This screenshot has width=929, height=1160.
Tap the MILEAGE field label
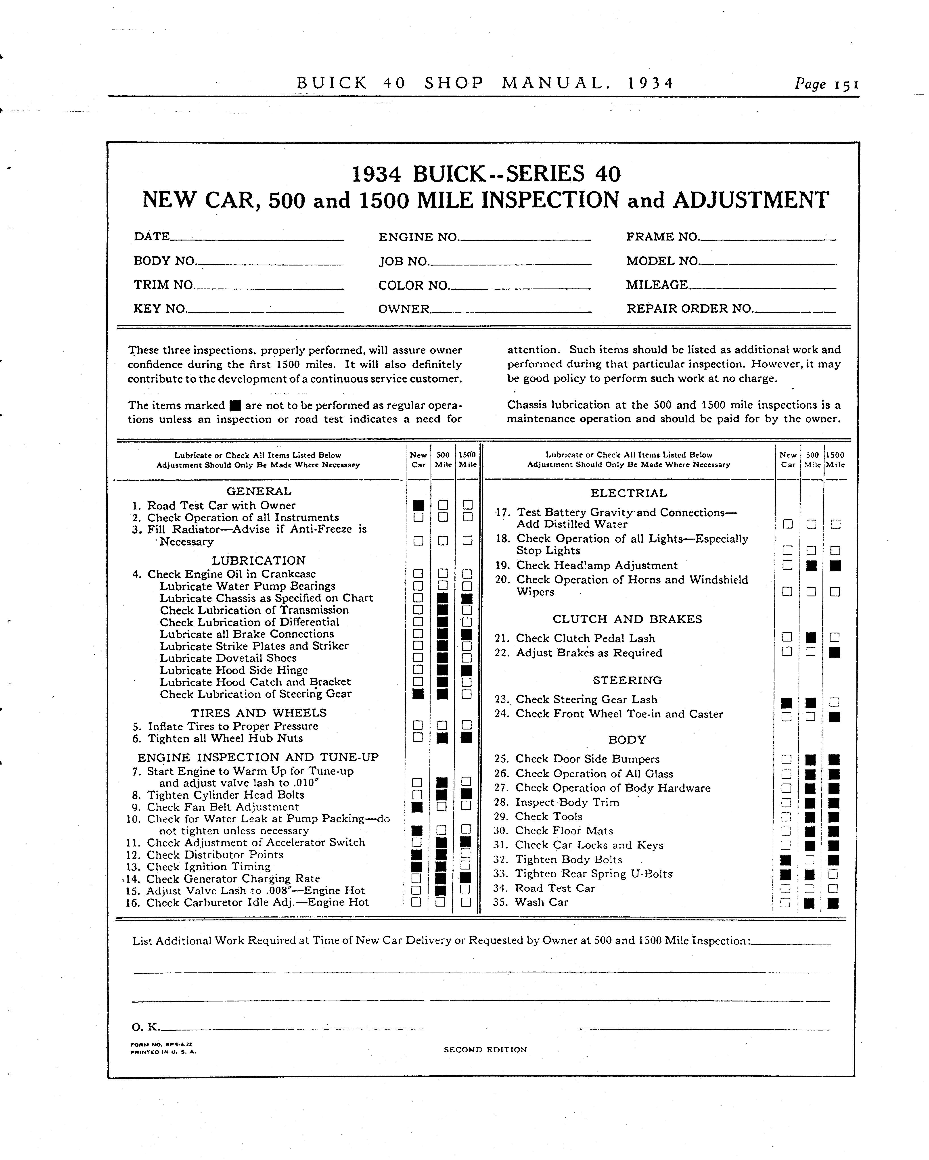657,285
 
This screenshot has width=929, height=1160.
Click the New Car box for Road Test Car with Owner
418,505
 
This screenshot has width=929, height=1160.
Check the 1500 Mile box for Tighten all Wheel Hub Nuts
467,738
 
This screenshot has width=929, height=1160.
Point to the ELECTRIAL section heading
628,493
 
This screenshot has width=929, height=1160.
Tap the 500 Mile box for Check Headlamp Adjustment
812,565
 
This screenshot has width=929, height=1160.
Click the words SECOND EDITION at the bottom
485,1049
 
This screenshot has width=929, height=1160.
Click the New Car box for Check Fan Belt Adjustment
417,807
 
